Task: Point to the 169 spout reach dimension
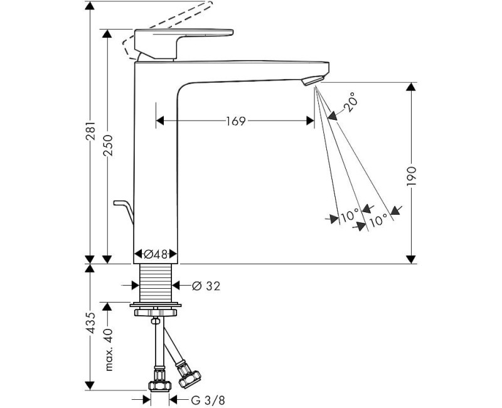pyautogui.click(x=235, y=121)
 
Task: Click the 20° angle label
pyautogui.click(x=351, y=102)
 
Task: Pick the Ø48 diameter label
pyautogui.click(x=156, y=255)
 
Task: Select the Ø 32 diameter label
pyautogui.click(x=205, y=286)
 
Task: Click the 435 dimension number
pyautogui.click(x=91, y=323)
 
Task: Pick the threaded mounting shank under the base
pyautogui.click(x=156, y=283)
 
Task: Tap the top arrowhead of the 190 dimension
pyautogui.click(x=412, y=87)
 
